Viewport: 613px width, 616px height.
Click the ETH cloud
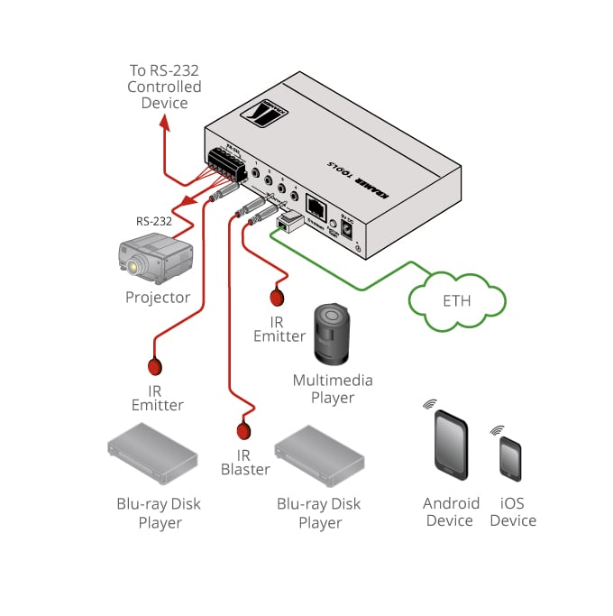coord(456,298)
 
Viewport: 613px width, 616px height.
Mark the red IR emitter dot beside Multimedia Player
coord(279,295)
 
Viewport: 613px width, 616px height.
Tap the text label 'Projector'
coord(158,298)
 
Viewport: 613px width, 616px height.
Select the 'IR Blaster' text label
coord(245,462)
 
